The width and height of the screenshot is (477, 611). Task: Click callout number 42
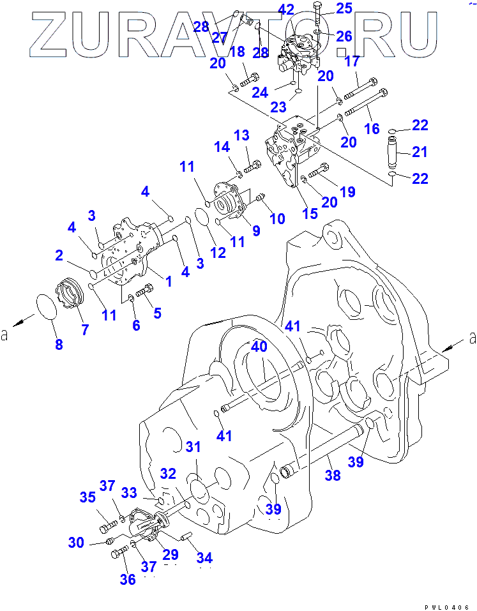pos(286,10)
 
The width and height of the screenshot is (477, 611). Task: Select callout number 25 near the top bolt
pos(344,8)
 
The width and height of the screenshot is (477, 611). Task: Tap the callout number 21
pos(420,151)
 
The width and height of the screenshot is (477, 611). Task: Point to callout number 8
pos(59,345)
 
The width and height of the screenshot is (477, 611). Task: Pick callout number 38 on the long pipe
pos(333,475)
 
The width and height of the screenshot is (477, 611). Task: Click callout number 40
pos(258,348)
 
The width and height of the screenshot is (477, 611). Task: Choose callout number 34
pos(205,559)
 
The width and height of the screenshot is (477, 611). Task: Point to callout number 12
pos(219,252)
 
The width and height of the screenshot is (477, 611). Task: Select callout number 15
pos(310,214)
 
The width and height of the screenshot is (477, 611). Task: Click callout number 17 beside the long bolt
pos(352,62)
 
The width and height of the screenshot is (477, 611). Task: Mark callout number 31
pos(193,446)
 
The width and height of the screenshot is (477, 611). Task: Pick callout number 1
pos(169,280)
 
